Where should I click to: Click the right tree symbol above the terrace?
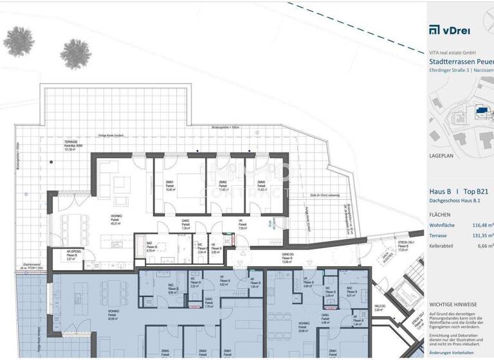click(76, 51)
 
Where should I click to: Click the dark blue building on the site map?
click(480, 112)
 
